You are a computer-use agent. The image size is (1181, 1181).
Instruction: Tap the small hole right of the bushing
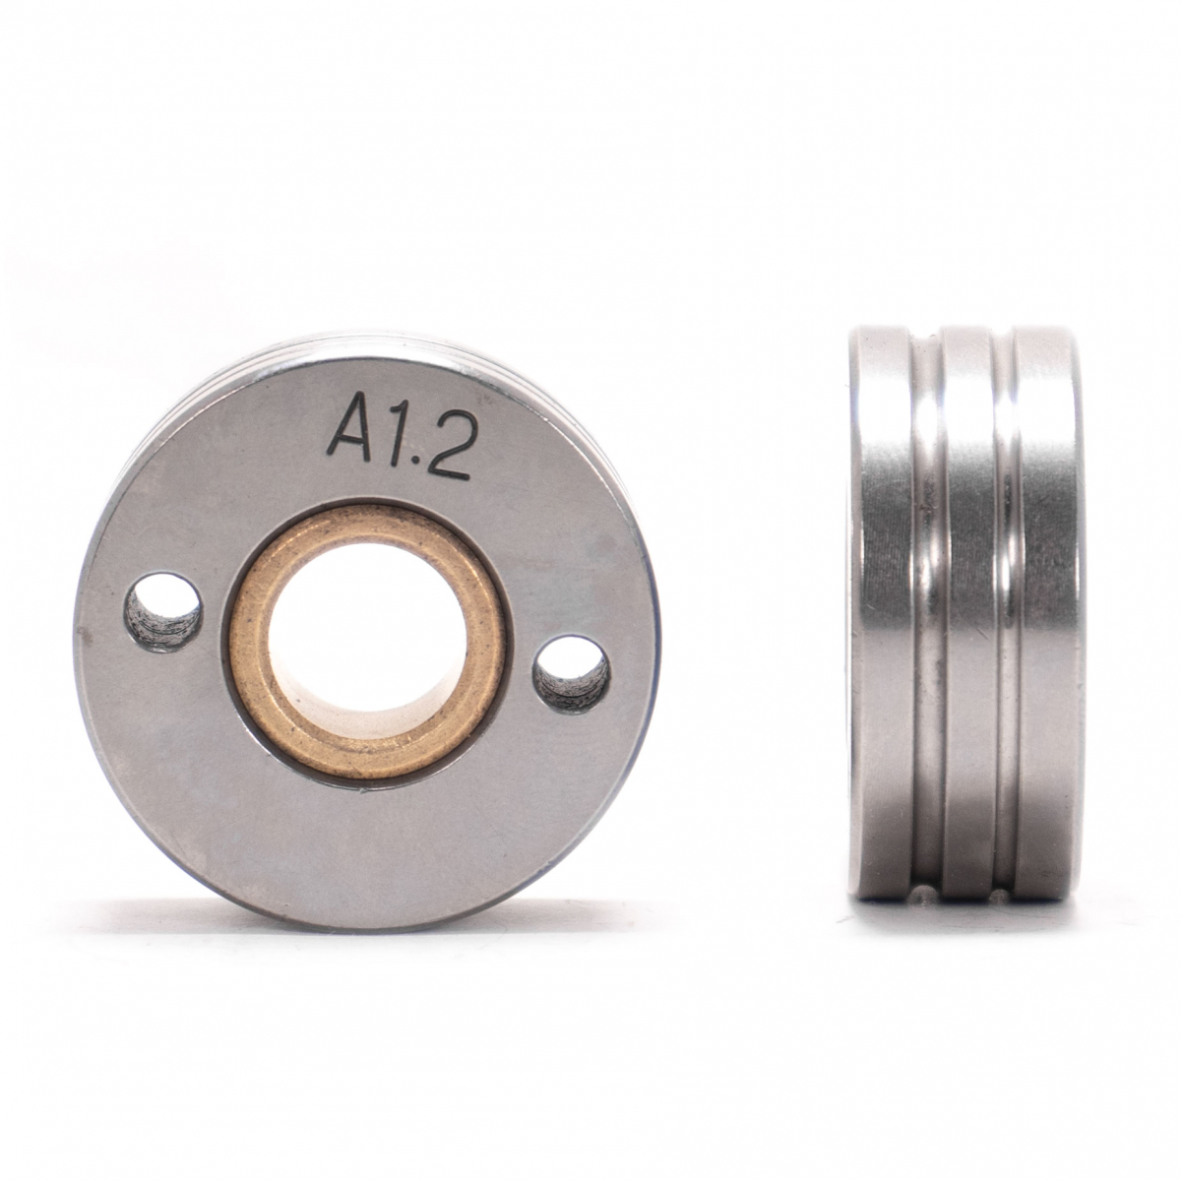571,675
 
